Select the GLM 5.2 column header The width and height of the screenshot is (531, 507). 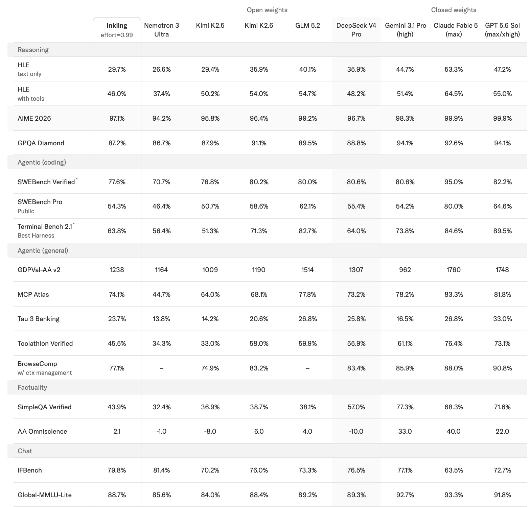[307, 26]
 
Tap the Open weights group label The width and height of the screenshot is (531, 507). [267, 10]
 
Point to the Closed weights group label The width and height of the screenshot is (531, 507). [454, 10]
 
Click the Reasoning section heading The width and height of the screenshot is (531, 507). [33, 50]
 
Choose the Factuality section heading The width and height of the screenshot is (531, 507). [32, 387]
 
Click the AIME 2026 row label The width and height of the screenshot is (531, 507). [34, 118]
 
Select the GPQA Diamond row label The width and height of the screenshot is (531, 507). [41, 143]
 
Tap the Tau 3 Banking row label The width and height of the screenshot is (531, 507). [39, 319]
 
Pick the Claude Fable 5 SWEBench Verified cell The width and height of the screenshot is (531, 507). [454, 182]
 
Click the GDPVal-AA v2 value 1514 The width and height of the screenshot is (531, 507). [307, 270]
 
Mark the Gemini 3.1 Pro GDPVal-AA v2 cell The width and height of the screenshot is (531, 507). [405, 270]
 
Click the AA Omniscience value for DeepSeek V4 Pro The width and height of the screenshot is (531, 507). [356, 431]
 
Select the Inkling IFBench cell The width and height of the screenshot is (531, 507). [117, 470]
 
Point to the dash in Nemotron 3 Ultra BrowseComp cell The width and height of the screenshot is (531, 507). [161, 368]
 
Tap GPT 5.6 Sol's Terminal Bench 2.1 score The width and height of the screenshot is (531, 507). [502, 231]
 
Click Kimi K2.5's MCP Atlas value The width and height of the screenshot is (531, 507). [210, 294]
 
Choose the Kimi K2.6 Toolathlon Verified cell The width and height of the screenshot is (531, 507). [259, 343]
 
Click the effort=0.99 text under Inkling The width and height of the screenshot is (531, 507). [117, 35]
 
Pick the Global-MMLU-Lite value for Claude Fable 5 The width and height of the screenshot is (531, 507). [454, 495]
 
